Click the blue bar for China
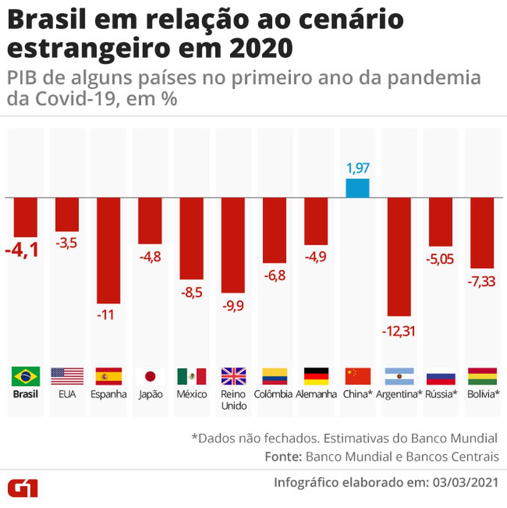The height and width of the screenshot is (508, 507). tap(357, 188)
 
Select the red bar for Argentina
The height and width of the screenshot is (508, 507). tap(399, 257)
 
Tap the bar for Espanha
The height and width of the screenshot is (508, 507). tap(109, 250)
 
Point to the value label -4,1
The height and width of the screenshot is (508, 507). tap(22, 250)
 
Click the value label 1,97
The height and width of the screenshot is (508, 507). tap(358, 168)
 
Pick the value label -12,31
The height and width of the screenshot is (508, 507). tap(398, 331)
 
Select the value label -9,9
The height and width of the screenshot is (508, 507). tap(233, 306)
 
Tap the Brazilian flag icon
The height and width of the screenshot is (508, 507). tap(26, 376)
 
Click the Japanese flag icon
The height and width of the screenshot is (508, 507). tap(150, 376)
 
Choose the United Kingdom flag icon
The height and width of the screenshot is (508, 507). tap(234, 376)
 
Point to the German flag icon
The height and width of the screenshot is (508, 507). tap(316, 376)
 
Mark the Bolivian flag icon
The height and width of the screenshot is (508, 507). tap(482, 376)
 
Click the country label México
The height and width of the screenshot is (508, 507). tap(192, 394)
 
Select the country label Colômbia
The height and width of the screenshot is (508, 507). tap(273, 394)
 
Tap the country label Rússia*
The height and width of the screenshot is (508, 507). tap(441, 394)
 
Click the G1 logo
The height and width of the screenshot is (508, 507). tap(23, 488)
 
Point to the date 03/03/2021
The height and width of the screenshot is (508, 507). tap(463, 482)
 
